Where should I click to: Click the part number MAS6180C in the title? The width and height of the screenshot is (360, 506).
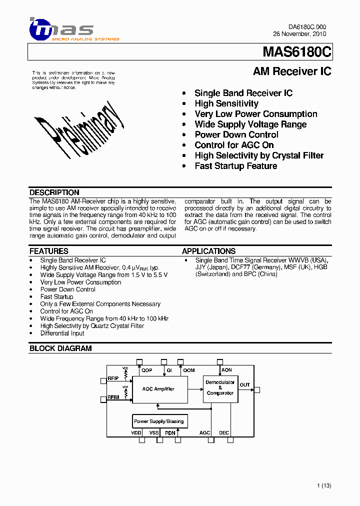(296, 52)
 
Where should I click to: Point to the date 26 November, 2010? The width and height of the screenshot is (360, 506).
(299, 34)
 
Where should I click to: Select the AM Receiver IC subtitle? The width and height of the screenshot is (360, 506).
(292, 71)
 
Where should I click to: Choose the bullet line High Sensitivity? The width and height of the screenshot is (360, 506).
(226, 103)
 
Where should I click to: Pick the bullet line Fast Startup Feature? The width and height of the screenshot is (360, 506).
(236, 166)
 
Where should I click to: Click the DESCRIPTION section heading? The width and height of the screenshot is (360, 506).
(54, 192)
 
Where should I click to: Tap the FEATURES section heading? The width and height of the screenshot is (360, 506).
(49, 251)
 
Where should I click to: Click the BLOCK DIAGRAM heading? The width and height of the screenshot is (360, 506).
(60, 348)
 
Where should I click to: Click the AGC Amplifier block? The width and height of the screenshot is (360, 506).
(158, 389)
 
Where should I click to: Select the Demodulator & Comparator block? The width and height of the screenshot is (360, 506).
(220, 388)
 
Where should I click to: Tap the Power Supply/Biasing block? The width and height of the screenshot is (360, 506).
(158, 421)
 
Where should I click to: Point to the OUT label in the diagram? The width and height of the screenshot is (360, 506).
(244, 385)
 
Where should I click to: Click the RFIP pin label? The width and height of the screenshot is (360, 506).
(113, 379)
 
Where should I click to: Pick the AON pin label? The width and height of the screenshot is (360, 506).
(226, 370)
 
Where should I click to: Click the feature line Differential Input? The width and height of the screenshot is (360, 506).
(62, 333)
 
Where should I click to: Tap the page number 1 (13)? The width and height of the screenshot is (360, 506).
(324, 485)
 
